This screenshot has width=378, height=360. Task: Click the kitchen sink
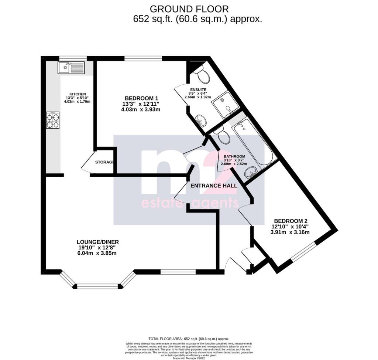[71, 68]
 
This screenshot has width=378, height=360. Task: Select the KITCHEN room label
[78, 94]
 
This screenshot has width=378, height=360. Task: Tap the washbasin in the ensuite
[201, 119]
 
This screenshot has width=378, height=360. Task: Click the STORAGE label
[104, 162]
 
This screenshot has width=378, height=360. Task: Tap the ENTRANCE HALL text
[213, 186]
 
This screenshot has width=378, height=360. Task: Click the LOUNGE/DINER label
[98, 242]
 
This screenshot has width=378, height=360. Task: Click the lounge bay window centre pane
[98, 286]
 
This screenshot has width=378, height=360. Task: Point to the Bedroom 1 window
[143, 58]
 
